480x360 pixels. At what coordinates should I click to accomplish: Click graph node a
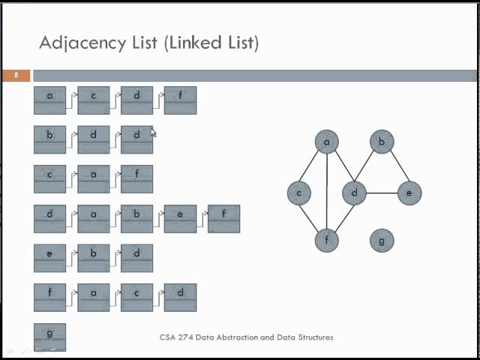pos(327,142)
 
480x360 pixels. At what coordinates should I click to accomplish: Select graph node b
pos(382,142)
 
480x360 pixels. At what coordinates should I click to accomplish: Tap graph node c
pos(299,193)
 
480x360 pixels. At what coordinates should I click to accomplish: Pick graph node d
pos(354,193)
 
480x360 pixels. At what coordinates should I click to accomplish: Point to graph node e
pos(409,193)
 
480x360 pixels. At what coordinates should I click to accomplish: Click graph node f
pos(327,240)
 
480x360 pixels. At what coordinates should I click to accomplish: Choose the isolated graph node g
pos(382,240)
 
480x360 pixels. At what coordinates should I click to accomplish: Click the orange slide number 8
pos(16,75)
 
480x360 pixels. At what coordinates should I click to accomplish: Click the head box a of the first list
pos(50,100)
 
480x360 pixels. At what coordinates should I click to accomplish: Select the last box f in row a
pos(180,100)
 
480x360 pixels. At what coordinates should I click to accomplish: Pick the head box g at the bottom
pos(50,337)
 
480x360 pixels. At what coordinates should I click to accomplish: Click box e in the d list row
pos(180,218)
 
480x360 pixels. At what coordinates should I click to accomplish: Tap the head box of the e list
pos(50,258)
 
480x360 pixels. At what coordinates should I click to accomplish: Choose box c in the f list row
pos(136,297)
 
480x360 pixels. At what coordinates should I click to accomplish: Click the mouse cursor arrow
pos(153,133)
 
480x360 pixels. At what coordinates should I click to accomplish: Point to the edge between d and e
pos(381,193)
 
